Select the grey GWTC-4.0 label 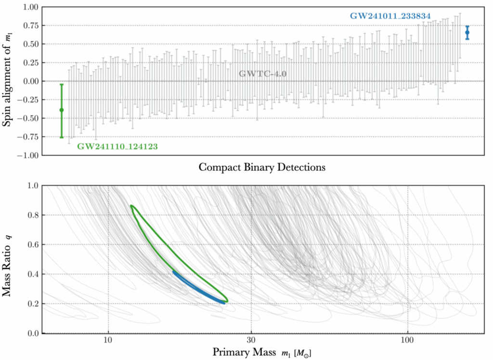coord(262,74)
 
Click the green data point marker coord(62,110)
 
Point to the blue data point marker coord(467,32)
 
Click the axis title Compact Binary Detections coord(261,168)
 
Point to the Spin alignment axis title coord(8,81)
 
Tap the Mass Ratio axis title coord(8,259)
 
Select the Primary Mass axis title coord(264,352)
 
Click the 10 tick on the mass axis coord(108,340)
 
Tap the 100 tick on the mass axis coord(408,340)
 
